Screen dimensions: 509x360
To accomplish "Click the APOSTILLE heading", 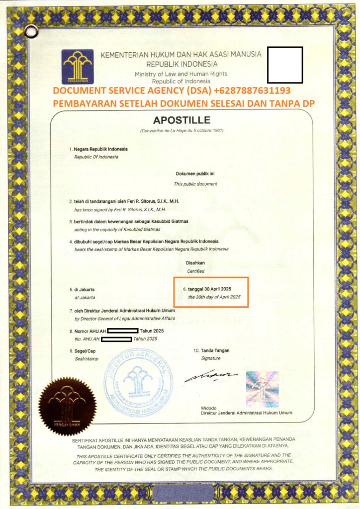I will (182, 120).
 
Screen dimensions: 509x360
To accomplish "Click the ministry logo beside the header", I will (78, 66).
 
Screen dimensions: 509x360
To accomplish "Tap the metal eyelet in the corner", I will (31, 31).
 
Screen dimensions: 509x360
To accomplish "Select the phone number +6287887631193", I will (252, 91).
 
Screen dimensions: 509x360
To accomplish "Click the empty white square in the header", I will (284, 65).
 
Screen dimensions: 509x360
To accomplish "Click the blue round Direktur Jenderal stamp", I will (138, 381).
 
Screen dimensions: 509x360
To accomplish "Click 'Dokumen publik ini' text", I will (195, 173).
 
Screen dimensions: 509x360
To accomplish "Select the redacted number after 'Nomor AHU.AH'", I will (122, 331).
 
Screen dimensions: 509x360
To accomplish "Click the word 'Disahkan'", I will (195, 263).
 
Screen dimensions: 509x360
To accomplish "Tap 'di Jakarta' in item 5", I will (85, 289).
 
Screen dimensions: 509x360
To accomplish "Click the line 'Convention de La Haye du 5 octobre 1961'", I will (182, 130).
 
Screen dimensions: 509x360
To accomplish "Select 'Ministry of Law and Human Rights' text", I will (180, 74).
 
